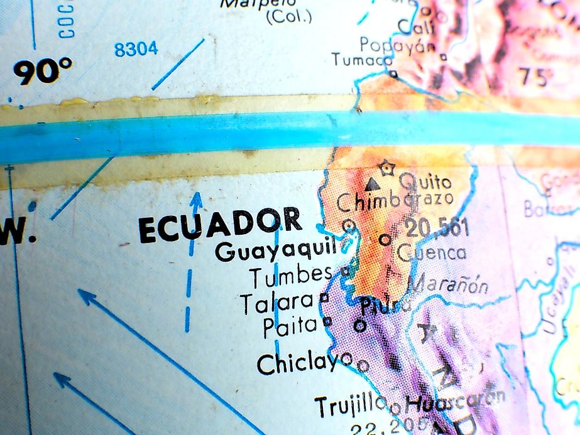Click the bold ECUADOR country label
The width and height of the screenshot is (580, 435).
220,225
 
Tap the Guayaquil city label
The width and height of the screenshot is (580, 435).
276,251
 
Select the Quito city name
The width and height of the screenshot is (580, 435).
425,182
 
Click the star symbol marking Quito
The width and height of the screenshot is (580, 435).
386,168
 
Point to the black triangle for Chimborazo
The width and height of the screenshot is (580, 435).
373,184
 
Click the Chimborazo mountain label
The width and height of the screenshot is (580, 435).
395,202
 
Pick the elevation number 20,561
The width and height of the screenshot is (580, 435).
437,227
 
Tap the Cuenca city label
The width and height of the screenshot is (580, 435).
433,252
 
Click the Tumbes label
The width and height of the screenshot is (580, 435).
290,275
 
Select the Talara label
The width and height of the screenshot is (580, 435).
276,303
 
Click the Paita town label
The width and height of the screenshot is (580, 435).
290,325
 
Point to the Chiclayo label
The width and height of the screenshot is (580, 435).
304,363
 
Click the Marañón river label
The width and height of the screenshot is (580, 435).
448,285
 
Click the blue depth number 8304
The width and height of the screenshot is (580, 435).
136,49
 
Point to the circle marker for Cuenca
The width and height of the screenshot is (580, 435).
385,239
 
